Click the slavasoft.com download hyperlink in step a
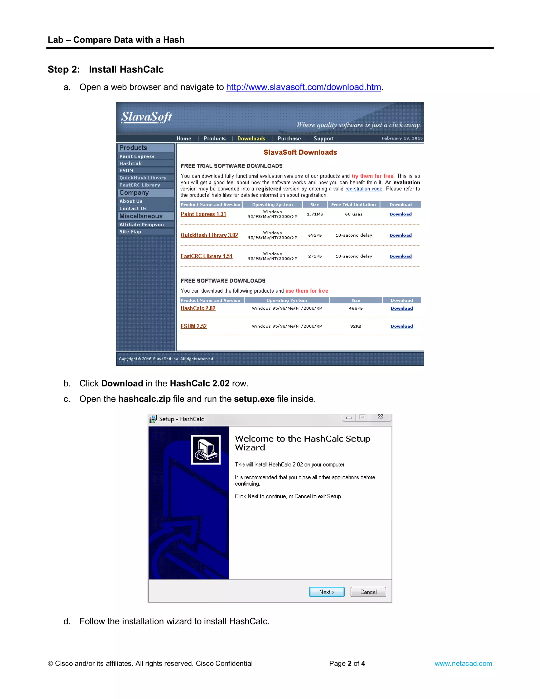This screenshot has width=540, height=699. click(303, 87)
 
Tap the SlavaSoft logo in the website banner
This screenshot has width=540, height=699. click(147, 117)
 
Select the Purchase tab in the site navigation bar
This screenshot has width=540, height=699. click(289, 138)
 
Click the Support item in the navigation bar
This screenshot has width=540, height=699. click(324, 138)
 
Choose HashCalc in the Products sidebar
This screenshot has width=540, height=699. click(131, 164)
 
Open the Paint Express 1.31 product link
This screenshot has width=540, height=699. click(203, 214)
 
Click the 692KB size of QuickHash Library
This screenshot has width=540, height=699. click(315, 235)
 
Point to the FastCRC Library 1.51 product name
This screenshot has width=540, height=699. click(206, 256)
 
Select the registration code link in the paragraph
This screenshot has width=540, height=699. click(364, 189)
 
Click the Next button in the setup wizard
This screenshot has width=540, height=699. click(327, 592)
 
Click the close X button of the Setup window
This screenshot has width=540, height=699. click(380, 417)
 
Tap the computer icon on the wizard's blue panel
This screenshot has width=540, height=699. click(206, 449)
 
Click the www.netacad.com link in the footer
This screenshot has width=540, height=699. click(463, 663)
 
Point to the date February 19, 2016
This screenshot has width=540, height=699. click(402, 138)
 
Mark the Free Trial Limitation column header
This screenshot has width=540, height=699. click(354, 204)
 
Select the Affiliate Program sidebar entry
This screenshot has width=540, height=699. click(141, 225)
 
